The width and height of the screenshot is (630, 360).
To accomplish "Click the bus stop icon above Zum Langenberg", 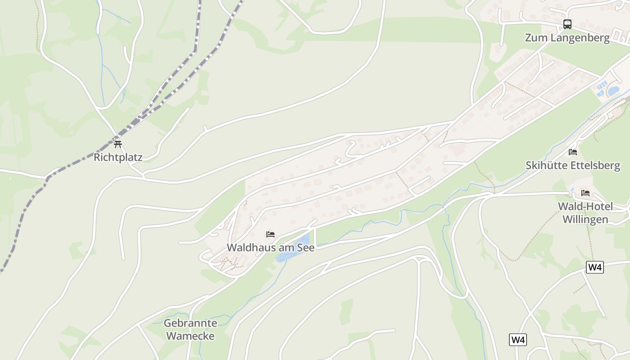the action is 567,24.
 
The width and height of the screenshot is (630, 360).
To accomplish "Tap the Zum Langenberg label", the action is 567,38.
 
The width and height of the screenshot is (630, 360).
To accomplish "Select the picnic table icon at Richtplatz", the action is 118,144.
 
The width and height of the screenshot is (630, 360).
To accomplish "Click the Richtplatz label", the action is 118,157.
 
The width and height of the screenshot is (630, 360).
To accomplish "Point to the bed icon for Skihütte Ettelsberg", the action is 573,152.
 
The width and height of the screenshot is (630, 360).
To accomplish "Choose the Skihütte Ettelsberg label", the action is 573,166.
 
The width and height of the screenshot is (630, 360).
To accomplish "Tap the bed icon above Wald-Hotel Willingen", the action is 585,193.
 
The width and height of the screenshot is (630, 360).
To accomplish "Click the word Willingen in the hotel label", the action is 585,220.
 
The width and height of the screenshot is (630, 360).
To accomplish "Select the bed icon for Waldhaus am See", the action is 270,234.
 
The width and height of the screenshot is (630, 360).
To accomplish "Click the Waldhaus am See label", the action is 270,247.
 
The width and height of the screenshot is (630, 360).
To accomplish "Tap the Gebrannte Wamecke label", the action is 190,329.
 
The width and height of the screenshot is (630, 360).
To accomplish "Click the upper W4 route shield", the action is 595,267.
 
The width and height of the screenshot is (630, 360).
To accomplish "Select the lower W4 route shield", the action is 518,340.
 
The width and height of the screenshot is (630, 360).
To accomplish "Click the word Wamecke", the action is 190,336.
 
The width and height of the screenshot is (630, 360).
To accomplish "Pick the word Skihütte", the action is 547,166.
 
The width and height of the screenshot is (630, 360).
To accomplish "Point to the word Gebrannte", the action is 190,323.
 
